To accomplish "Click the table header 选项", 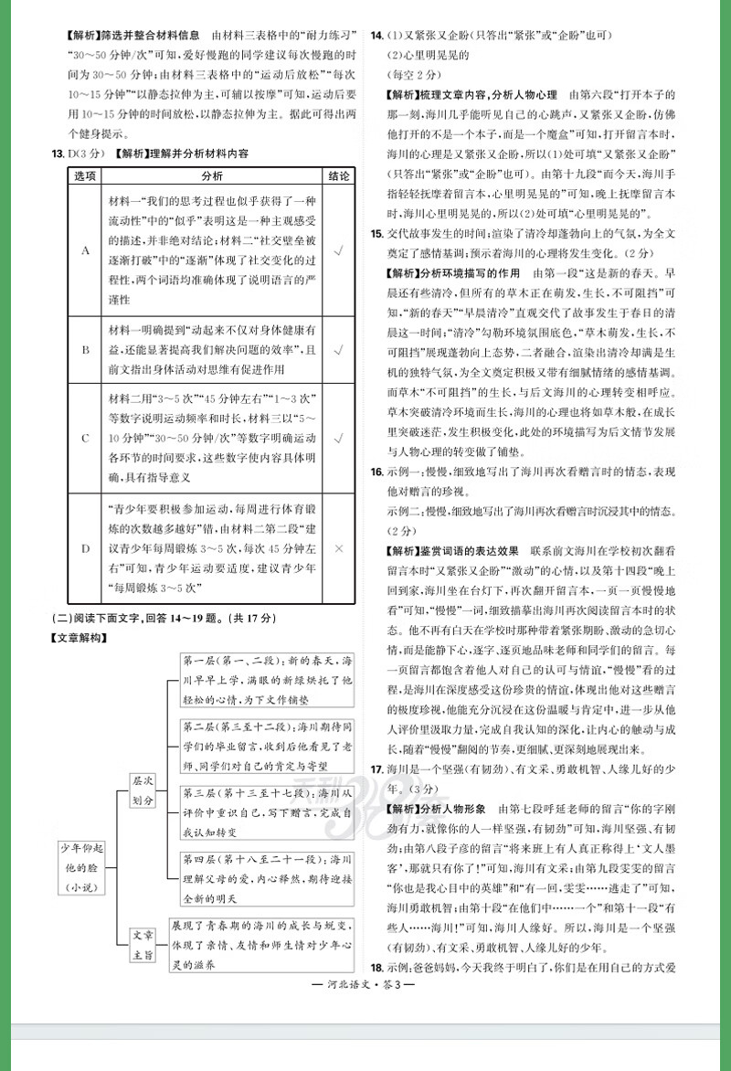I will [x=85, y=175].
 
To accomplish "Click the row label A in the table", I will [x=85, y=249].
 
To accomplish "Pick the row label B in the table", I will [x=85, y=350].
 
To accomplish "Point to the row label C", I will [x=85, y=438].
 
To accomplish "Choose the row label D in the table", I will [x=85, y=548].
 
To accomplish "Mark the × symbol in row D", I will [x=338, y=548].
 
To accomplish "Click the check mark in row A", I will [x=338, y=249].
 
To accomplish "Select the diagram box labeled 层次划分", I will [x=143, y=791].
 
